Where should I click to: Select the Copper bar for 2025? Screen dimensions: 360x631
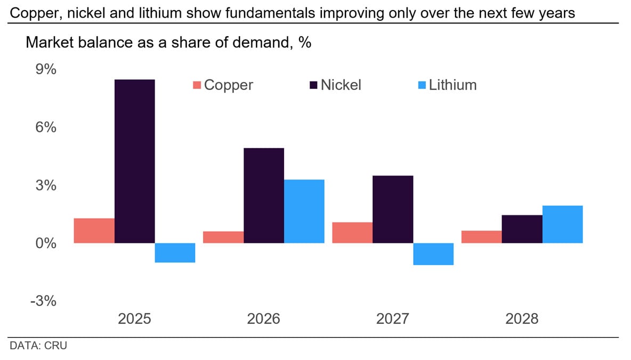coord(94,231)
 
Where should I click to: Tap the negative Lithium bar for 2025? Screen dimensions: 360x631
coord(175,253)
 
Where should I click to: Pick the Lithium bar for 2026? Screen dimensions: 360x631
coord(304,211)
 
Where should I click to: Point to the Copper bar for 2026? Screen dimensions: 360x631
coord(223,237)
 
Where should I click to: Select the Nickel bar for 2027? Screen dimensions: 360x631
coord(393,209)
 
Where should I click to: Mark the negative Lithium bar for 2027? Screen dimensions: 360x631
coord(433,254)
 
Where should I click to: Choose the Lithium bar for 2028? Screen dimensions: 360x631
coord(562,224)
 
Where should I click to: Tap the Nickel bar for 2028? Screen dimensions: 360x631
coord(522,229)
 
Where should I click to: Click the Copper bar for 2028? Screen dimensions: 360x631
coord(481,237)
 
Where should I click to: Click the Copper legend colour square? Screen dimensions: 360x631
coord(197,85)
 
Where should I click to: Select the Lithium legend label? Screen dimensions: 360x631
coord(452,85)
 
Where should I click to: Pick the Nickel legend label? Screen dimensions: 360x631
coord(341,85)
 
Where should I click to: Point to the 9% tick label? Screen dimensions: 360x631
coord(46,70)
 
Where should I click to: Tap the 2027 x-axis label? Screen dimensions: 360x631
coord(393,319)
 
